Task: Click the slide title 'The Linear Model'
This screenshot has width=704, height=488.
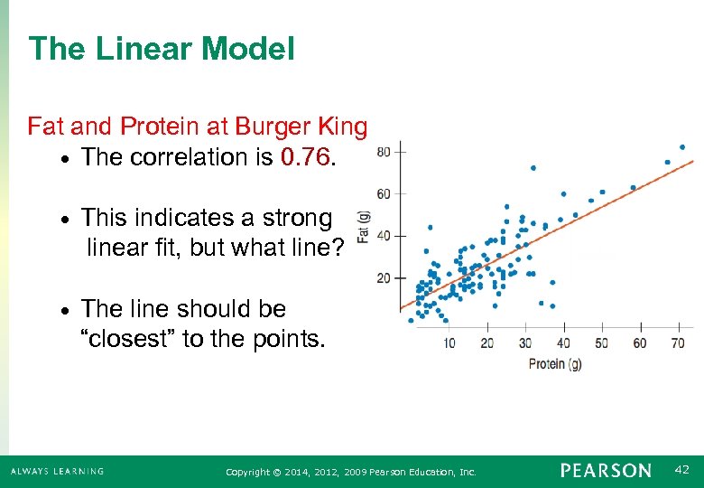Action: coord(162,49)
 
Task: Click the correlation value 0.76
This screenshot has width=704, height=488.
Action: coord(306,157)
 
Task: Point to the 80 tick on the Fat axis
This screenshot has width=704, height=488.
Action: coord(384,151)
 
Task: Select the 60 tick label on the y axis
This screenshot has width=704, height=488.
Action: coord(384,193)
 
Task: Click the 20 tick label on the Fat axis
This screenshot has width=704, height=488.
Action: coord(384,277)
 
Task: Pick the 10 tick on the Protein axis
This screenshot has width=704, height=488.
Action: coord(449,343)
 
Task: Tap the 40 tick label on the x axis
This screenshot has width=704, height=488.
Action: coord(563,343)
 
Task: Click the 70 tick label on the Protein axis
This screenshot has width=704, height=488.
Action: coord(678,343)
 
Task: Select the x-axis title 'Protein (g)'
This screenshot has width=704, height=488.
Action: coord(556,364)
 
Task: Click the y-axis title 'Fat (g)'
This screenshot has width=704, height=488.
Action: coord(364,226)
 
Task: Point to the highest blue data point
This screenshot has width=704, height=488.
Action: coord(682,146)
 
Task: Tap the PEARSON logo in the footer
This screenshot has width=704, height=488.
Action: coord(605,471)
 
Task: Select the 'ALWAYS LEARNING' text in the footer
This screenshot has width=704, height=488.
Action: coord(57,471)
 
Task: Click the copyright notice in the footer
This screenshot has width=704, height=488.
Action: coord(350,472)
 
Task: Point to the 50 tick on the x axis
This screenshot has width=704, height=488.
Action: coord(601,343)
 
